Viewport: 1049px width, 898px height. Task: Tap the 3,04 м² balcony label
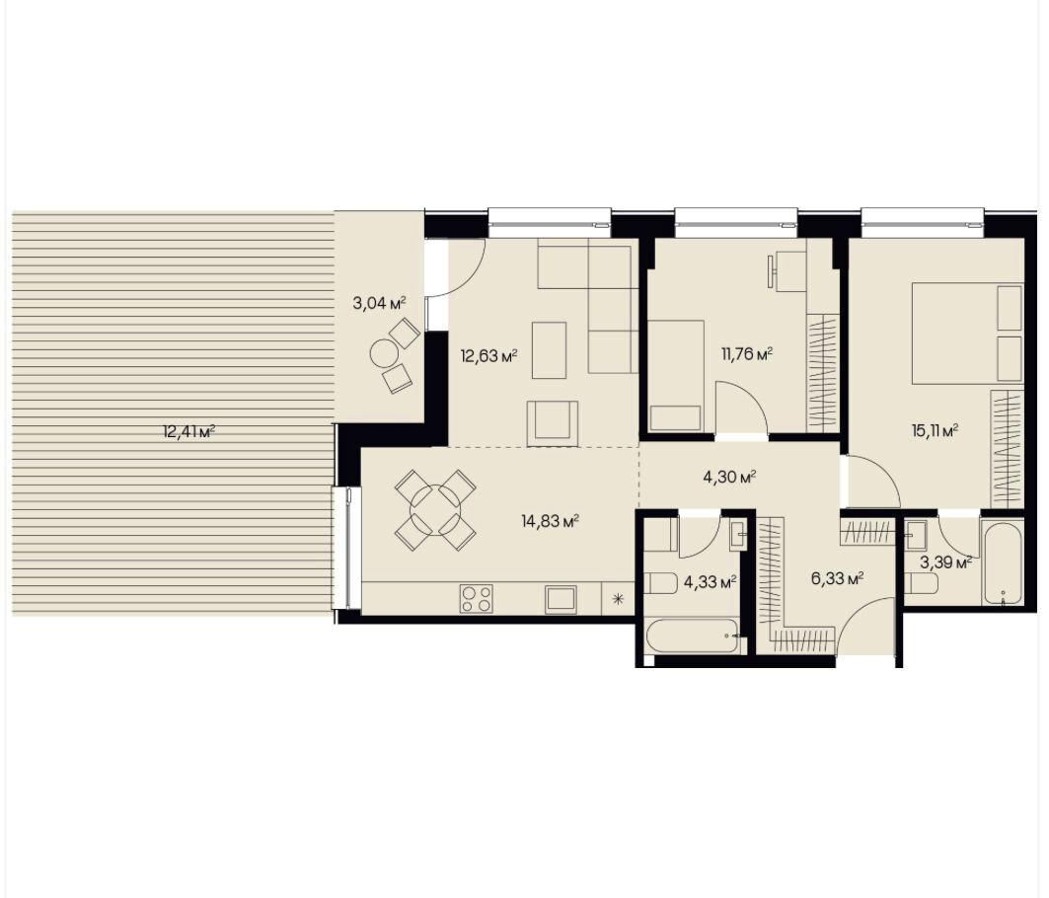379,303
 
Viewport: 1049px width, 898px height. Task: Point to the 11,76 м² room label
746,354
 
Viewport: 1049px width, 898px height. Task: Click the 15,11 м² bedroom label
933,430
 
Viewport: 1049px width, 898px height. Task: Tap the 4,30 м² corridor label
729,477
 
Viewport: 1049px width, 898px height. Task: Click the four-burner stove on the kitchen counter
477,598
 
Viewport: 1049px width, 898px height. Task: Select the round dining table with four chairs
435,510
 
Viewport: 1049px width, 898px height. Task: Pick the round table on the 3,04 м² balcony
384,353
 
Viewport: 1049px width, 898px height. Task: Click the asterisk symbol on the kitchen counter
619,598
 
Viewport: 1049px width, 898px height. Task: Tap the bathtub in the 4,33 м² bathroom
694,636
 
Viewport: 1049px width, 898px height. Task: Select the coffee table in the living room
549,350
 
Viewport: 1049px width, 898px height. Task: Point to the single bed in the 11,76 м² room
676,375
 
